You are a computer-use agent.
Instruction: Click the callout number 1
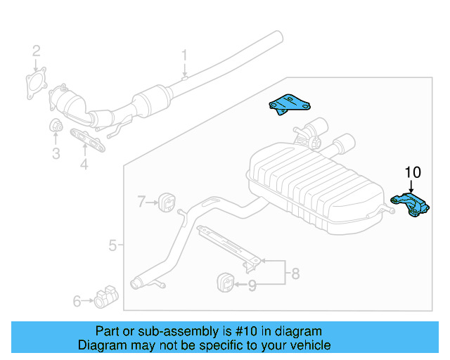[x=185, y=55]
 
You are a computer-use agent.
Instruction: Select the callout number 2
[x=36, y=51]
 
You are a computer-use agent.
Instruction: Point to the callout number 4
[x=84, y=165]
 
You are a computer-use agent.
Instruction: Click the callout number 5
[x=112, y=245]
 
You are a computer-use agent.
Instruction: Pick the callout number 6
[x=77, y=302]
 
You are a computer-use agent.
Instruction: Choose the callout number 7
[x=141, y=202]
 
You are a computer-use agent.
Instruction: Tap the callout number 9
[x=252, y=285]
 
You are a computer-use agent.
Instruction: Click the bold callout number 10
[x=412, y=172]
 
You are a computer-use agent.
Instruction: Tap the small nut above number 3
[x=56, y=127]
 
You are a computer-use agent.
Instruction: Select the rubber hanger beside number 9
[x=223, y=281]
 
